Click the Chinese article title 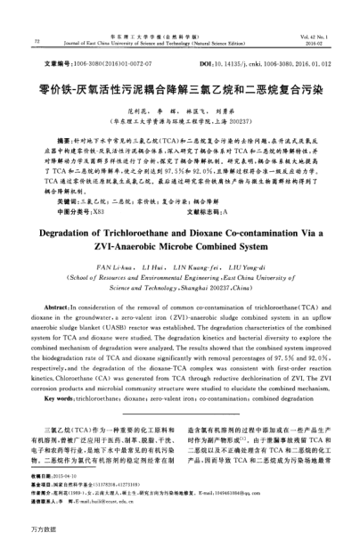point(179,89)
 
